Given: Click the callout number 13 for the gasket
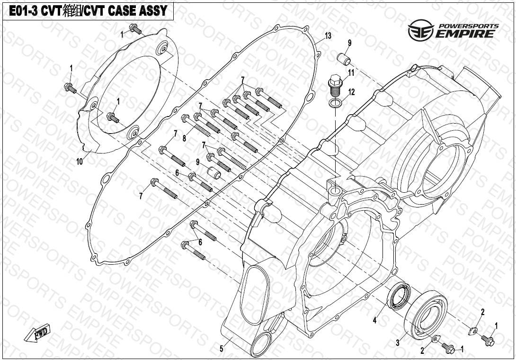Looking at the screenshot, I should pos(328,36).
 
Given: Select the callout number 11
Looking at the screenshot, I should pos(351,72).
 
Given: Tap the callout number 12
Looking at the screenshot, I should pos(351,92).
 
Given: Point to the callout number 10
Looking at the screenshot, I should pos(79,162).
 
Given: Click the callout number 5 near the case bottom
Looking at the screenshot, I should pos(221,349).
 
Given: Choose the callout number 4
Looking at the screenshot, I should pos(374,321).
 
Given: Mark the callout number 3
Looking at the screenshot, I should pos(398,342).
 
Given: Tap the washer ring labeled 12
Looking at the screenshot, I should pos(335,103).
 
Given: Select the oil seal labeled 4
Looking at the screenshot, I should pos(399,296).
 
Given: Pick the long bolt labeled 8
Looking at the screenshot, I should pos(202,125).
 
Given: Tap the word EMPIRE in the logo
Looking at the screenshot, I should pos(466,33).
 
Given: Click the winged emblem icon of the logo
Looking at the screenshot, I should pos(421,30).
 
